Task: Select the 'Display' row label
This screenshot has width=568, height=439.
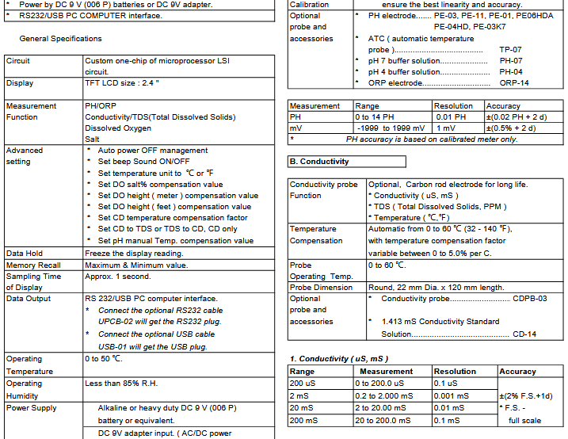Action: tap(20, 83)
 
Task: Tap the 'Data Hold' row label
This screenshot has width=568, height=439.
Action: tap(25, 254)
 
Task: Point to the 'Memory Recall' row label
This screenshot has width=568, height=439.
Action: tap(33, 265)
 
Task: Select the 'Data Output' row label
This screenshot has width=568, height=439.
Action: tap(28, 299)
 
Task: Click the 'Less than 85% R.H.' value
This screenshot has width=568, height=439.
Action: tap(122, 384)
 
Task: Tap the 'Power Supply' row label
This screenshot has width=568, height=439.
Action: tap(32, 408)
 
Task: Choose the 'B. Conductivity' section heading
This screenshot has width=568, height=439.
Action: tap(318, 162)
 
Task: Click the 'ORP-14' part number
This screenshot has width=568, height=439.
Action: tap(514, 82)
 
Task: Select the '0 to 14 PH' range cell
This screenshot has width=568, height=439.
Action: tap(376, 117)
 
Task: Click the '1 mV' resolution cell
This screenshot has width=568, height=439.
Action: tap(445, 128)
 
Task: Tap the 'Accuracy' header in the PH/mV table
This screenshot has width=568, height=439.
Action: tap(503, 106)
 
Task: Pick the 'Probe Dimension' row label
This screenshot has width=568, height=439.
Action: tap(322, 288)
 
